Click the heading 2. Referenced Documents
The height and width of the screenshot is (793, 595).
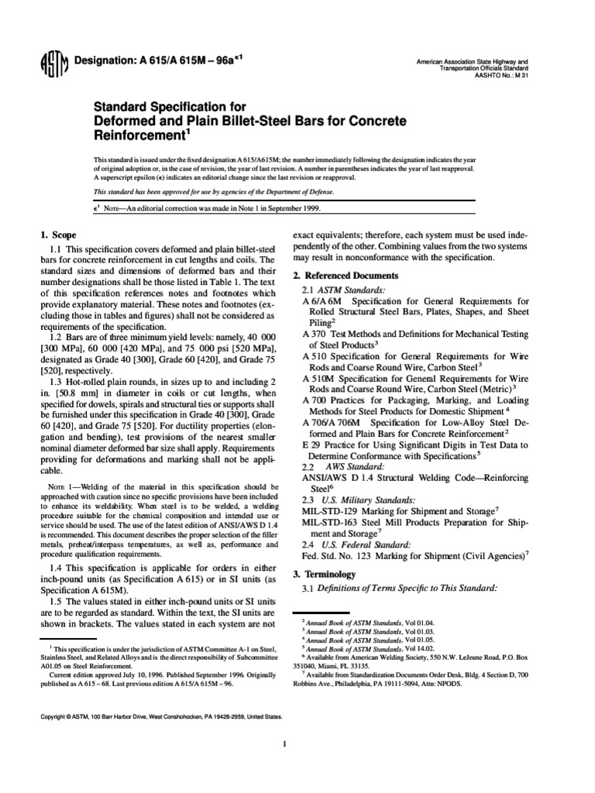346,276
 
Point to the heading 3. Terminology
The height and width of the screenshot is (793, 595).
324,575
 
